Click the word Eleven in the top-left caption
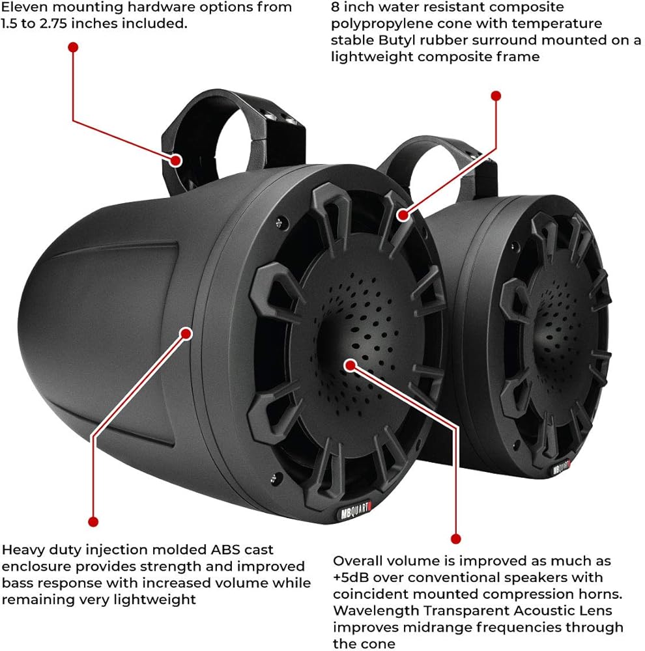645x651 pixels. click(x=25, y=8)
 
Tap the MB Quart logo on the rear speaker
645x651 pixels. click(x=562, y=467)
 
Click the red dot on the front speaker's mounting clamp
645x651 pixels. click(x=177, y=159)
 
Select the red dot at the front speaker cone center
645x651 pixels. click(x=351, y=364)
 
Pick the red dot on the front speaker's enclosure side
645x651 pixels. click(x=186, y=333)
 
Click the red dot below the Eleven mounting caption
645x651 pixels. click(x=73, y=48)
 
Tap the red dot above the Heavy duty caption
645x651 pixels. click(x=93, y=521)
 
